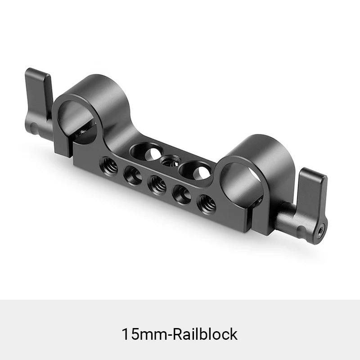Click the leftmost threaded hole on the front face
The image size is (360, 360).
pyautogui.click(x=110, y=166)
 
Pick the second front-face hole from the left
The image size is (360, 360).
pyautogui.click(x=133, y=175)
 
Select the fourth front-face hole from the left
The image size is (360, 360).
pyautogui.click(x=182, y=194)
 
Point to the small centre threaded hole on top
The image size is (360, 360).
pyautogui.click(x=170, y=160)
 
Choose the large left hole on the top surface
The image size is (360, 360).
pyautogui.click(x=144, y=152)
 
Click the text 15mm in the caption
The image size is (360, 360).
pyautogui.click(x=140, y=334)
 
